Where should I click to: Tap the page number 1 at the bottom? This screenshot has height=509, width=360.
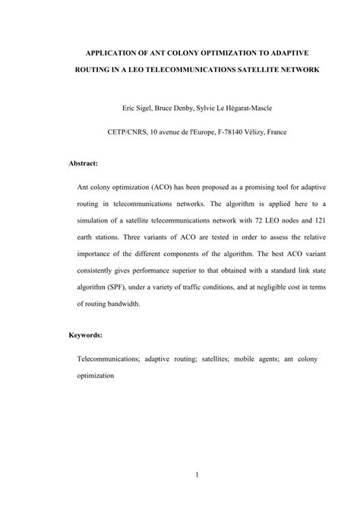pos(196,476)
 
